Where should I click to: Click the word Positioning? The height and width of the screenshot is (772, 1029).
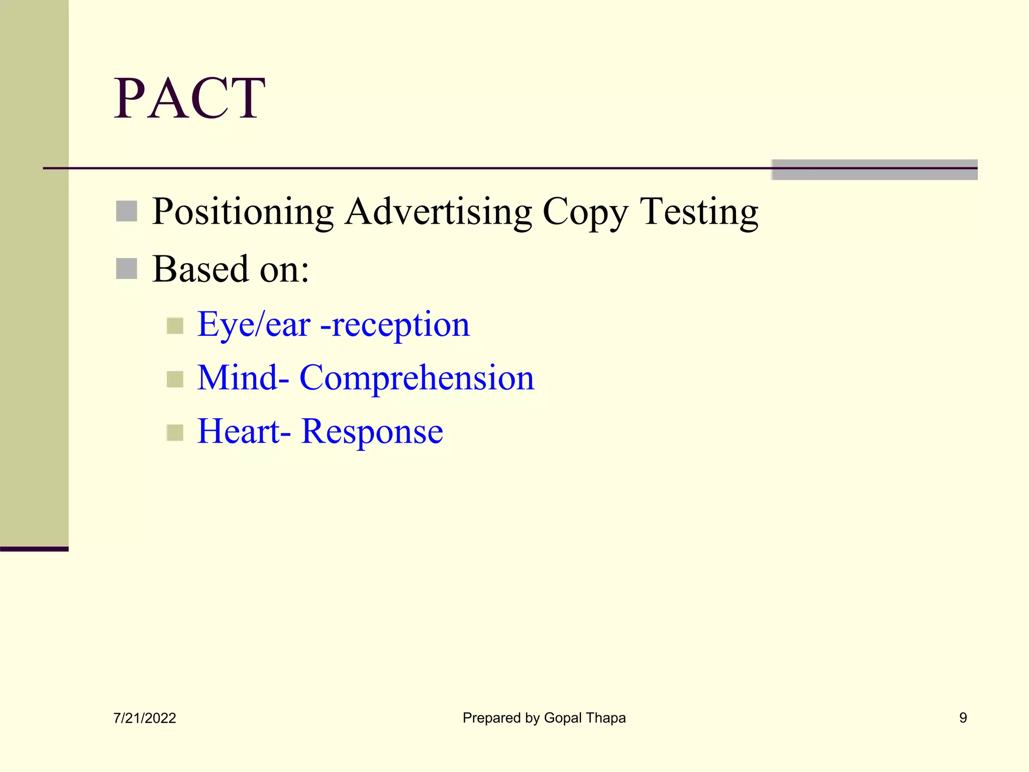243,212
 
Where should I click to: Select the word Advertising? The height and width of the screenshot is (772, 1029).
438,212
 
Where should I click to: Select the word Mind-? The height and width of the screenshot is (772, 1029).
243,377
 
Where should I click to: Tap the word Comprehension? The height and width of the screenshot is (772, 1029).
417,378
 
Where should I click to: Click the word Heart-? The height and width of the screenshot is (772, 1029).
244,431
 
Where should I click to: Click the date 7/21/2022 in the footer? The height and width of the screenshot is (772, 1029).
145,718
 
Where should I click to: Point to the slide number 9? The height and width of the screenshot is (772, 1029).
963,718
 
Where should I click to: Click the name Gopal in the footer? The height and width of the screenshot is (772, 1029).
563,718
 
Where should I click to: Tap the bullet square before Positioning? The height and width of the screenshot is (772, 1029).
127,211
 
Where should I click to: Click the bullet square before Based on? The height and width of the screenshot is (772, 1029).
127,268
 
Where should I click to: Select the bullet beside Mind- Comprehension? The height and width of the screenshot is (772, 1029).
175,379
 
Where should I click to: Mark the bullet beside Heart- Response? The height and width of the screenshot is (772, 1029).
175,432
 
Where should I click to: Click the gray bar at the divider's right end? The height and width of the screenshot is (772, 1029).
874,170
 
